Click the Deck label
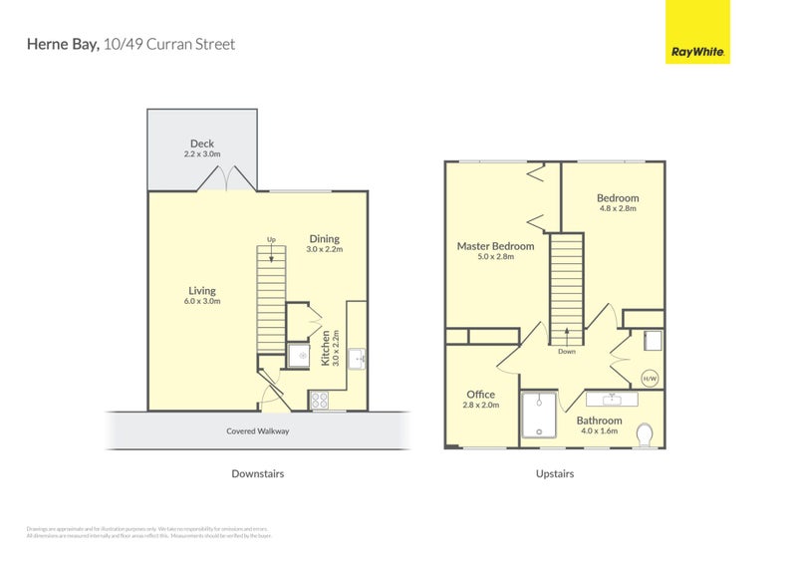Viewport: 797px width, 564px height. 202,143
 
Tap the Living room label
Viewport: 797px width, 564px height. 202,291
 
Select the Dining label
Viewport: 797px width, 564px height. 324,238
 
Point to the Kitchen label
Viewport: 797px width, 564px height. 326,348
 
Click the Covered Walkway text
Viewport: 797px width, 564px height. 257,431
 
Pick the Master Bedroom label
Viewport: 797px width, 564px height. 495,246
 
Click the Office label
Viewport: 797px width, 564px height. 480,395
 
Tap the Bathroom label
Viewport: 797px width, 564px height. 599,421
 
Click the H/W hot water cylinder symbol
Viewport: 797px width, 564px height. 650,379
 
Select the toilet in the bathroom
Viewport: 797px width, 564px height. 645,434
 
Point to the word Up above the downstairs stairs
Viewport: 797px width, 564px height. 271,239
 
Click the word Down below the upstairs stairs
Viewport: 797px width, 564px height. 566,351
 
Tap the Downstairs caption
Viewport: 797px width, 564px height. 257,474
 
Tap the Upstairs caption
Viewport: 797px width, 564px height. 554,474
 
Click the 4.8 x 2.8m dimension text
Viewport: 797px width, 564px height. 618,209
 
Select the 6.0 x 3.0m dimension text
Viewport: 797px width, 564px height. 202,301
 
